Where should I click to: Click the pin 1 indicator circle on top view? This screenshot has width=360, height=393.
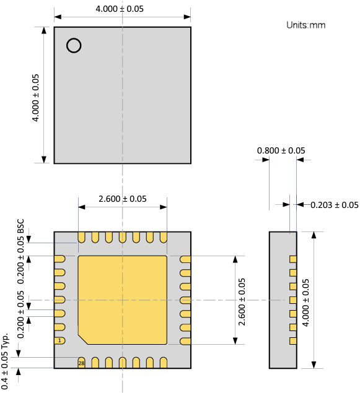74,45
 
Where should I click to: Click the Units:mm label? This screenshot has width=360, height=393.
305,25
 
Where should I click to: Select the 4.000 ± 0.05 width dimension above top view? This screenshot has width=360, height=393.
122,9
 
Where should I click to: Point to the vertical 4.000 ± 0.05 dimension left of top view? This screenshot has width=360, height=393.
35,97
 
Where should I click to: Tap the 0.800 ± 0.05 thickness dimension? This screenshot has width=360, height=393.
281,150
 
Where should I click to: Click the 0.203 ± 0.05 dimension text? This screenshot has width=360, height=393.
334,205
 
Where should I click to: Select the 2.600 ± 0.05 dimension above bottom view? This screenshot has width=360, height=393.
122,199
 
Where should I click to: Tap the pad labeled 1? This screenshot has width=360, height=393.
59,341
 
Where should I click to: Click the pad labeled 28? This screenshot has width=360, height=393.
81,363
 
